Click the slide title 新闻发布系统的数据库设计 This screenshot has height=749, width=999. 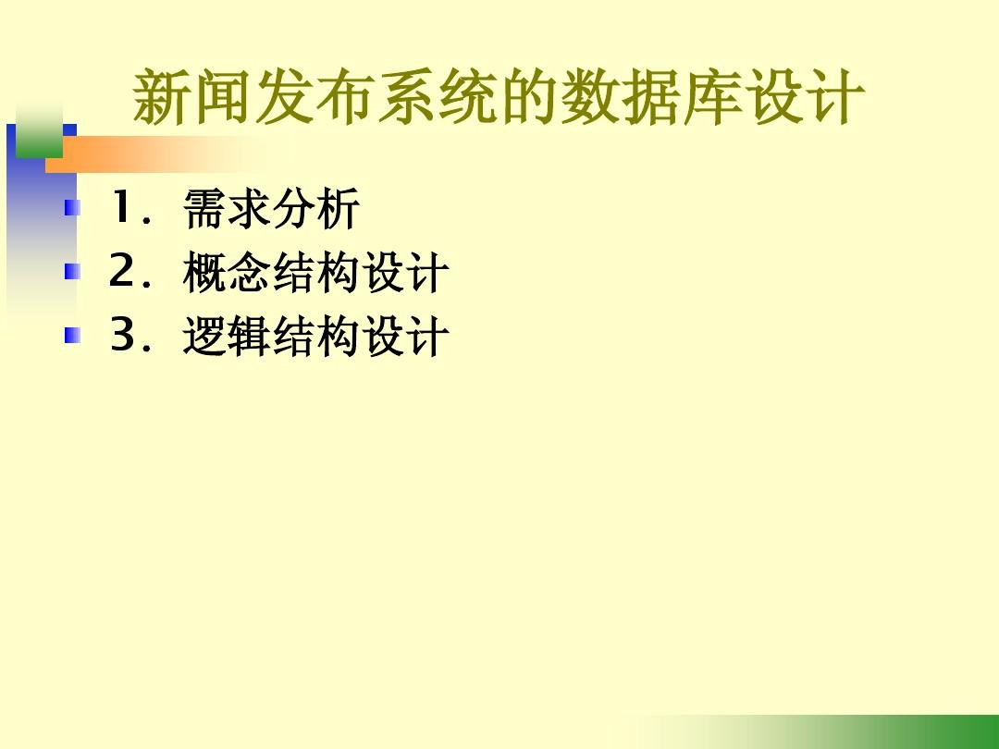(x=499, y=97)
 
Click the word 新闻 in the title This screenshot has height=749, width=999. (x=193, y=97)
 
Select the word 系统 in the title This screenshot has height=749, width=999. (x=438, y=97)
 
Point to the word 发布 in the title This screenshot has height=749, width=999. (x=315, y=97)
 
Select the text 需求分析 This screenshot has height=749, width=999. (x=271, y=208)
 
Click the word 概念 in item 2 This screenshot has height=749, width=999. (x=228, y=273)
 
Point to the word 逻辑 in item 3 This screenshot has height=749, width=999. (x=228, y=337)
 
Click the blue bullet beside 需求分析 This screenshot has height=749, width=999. (x=73, y=208)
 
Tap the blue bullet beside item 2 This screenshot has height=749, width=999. (x=73, y=271)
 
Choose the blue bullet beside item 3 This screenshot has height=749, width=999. (x=73, y=335)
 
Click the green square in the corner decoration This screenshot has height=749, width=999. (x=39, y=133)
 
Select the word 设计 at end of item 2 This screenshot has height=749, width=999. (x=405, y=273)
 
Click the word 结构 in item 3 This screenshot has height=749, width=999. (x=316, y=337)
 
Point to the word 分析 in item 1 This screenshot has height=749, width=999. (x=315, y=208)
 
